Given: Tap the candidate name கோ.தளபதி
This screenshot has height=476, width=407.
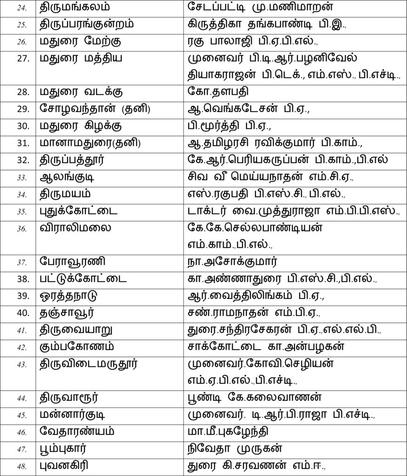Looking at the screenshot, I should point(215,92).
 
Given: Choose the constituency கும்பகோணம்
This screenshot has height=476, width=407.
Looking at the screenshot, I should point(77,347).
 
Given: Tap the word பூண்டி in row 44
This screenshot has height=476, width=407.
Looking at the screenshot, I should point(202,397).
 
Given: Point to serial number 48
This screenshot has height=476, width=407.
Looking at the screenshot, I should point(22,465).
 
